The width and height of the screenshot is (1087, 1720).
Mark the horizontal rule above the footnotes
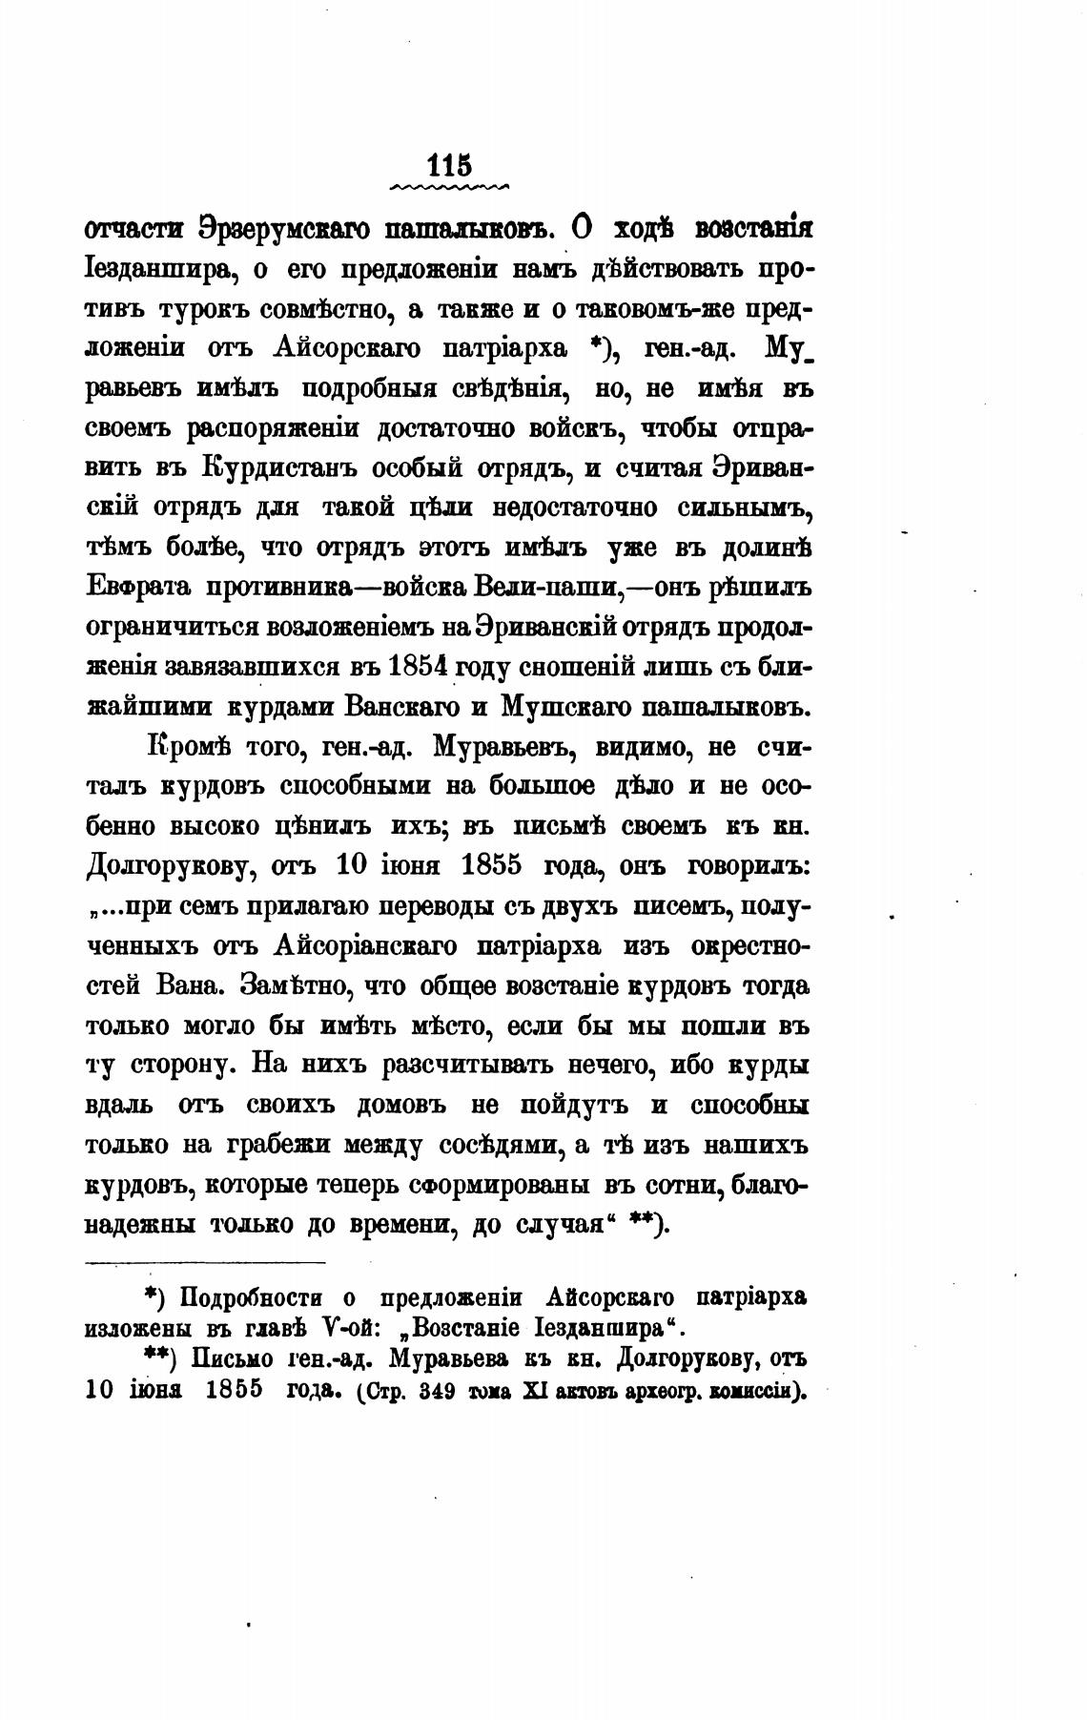tap(205, 1263)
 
